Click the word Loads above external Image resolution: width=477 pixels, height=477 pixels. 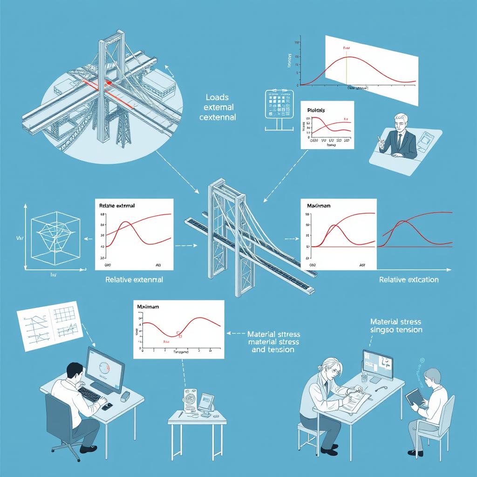[217, 98]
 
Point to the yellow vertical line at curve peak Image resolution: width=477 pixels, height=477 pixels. [346, 70]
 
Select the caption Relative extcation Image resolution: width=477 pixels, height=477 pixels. [409, 280]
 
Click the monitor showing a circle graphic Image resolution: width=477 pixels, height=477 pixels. [105, 368]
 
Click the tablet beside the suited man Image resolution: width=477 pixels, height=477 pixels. [427, 138]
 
